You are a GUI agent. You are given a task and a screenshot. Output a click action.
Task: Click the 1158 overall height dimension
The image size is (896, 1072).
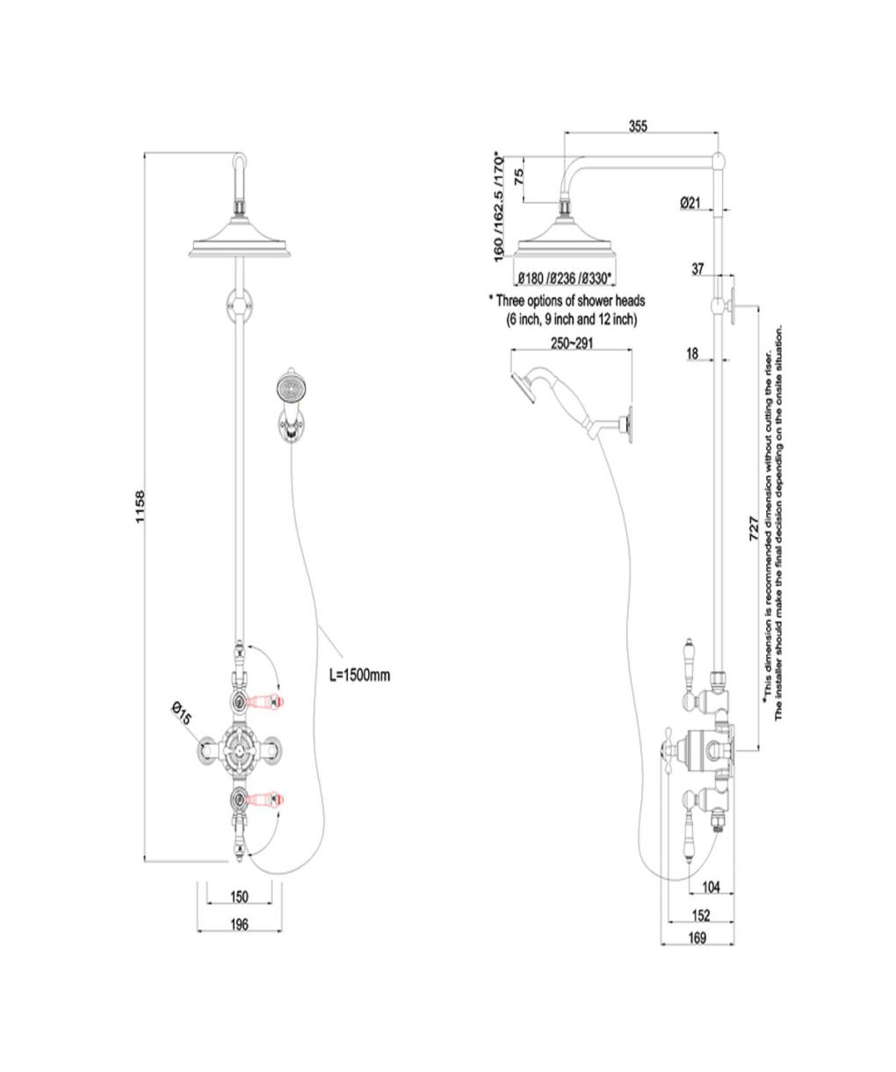pyautogui.click(x=140, y=507)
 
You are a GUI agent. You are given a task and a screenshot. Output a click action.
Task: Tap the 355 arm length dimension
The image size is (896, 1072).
pyautogui.click(x=639, y=126)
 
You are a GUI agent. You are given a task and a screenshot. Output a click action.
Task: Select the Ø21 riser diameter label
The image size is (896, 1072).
pyautogui.click(x=690, y=203)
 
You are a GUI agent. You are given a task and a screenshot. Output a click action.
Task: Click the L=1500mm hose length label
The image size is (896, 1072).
pyautogui.click(x=360, y=675)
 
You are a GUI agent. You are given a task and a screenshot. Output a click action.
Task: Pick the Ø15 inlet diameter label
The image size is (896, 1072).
pyautogui.click(x=181, y=714)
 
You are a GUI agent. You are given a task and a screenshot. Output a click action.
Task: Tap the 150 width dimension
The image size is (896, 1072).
pyautogui.click(x=239, y=896)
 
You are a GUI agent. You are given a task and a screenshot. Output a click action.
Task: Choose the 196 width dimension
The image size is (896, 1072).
pyautogui.click(x=239, y=924)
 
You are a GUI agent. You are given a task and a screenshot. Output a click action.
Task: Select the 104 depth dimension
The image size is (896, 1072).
pyautogui.click(x=712, y=887)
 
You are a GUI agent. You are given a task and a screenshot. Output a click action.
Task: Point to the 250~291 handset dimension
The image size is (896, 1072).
pyautogui.click(x=572, y=343)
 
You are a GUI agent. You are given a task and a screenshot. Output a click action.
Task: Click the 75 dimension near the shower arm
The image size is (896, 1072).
pyautogui.click(x=519, y=177)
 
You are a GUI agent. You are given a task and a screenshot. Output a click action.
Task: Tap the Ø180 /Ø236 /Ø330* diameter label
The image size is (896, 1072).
pyautogui.click(x=565, y=279)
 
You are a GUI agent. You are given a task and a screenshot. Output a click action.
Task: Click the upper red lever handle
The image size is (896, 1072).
pyautogui.click(x=265, y=699)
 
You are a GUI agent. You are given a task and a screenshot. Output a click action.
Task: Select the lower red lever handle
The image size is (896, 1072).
pyautogui.click(x=265, y=799)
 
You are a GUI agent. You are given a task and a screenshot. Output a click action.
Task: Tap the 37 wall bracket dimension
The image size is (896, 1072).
pyautogui.click(x=697, y=269)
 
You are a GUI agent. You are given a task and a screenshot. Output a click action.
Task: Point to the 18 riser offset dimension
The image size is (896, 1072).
pyautogui.click(x=692, y=354)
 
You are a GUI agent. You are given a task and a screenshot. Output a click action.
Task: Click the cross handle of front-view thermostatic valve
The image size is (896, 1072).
pyautogui.click(x=240, y=750)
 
